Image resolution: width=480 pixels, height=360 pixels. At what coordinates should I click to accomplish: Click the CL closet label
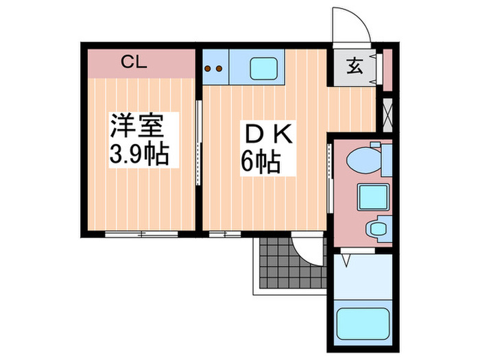tap(134, 62)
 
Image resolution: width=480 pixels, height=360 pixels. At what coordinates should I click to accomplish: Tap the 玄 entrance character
tap(354, 67)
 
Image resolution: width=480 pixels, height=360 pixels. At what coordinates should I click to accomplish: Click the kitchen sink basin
tap(263, 68)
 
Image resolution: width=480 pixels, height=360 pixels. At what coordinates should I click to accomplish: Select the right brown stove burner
tap(220, 68)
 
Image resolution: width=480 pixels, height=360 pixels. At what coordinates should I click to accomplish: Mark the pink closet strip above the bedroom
tap(140, 63)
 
